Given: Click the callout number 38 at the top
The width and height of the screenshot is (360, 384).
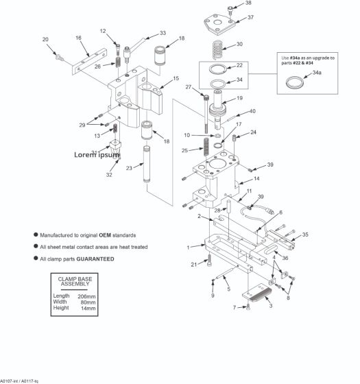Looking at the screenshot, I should (248, 3).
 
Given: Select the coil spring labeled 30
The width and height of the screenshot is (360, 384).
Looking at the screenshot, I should (217, 49).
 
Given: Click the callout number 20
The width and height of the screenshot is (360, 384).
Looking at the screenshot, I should (45, 39).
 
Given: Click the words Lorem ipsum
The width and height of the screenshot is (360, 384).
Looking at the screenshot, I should (97, 154).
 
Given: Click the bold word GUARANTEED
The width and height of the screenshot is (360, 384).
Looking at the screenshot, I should (95, 259).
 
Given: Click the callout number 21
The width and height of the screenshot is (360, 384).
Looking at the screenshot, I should (193, 264).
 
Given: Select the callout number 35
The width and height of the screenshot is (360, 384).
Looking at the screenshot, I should (305, 235).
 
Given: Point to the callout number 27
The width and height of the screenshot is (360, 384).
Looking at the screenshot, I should (187, 87).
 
